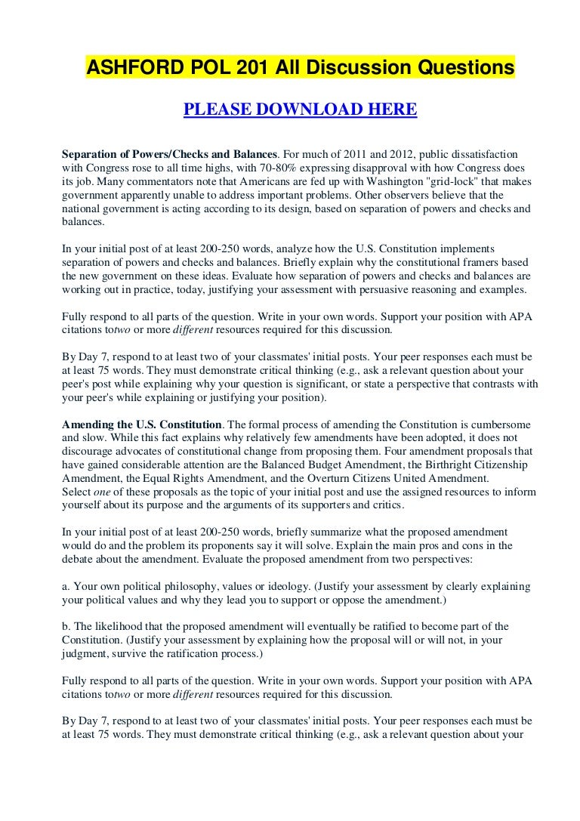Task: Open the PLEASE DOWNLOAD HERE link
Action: pos(300,110)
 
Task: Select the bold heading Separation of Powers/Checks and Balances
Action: pos(170,153)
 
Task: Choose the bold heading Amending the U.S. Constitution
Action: pos(141,424)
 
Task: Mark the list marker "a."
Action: pos(66,586)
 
